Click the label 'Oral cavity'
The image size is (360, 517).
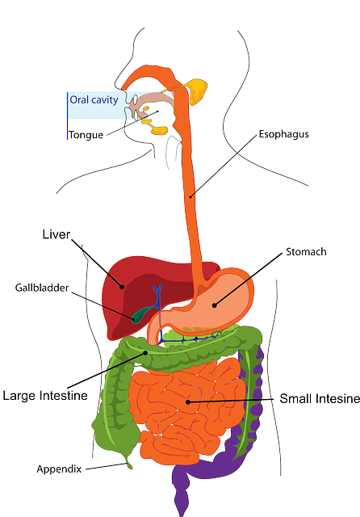[x=94, y=100]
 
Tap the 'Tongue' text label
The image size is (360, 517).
[x=86, y=135]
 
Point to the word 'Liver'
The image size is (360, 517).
[x=56, y=234]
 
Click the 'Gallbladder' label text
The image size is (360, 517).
[x=41, y=288]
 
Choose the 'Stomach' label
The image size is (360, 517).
[x=306, y=252]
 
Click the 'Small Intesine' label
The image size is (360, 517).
[x=319, y=399]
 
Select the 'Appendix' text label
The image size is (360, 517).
[x=58, y=469]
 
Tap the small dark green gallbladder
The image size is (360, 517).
[x=143, y=313]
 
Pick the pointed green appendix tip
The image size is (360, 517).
[x=128, y=464]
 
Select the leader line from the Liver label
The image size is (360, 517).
[x=97, y=263]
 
